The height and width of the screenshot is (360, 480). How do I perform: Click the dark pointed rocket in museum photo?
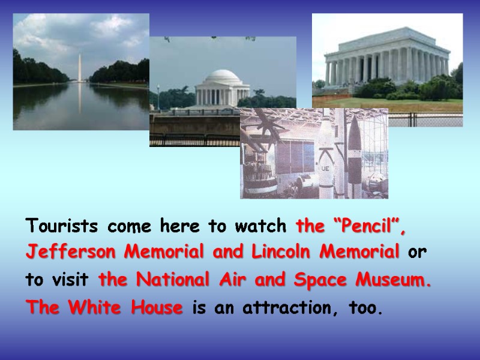pos(355,150)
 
